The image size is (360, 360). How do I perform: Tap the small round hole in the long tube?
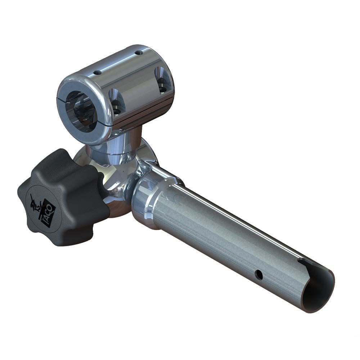[258, 275]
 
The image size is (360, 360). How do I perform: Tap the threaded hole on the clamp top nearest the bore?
[97, 72]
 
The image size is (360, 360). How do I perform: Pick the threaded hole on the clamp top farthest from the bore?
[139, 53]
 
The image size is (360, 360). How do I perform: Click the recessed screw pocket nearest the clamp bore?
[116, 103]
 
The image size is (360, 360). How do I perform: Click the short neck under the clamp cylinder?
[119, 144]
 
